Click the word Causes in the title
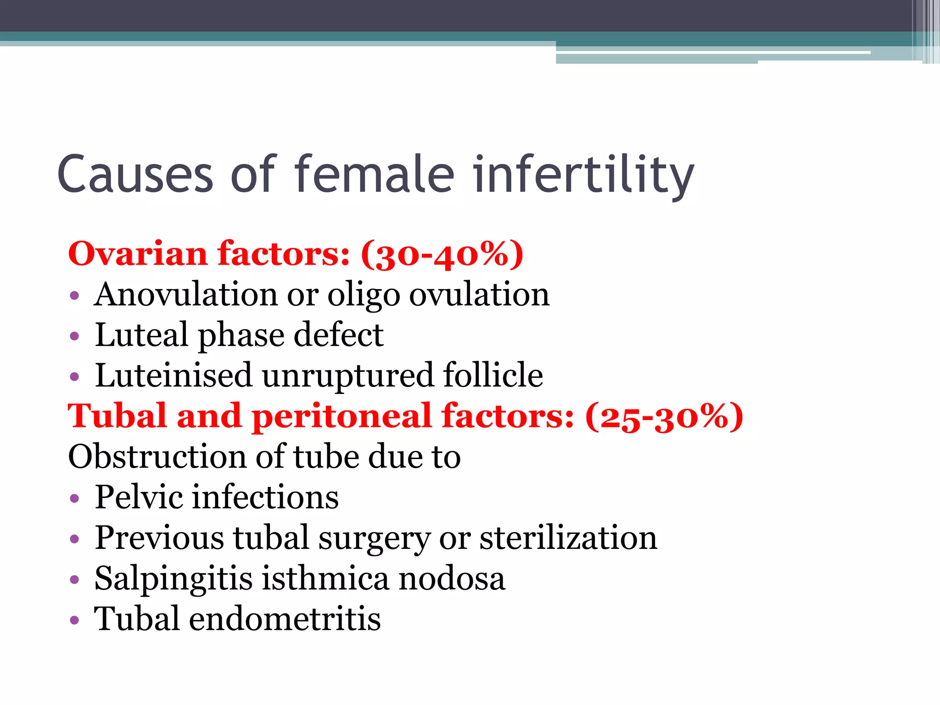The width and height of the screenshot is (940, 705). [x=135, y=174]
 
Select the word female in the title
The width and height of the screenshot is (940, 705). [x=374, y=174]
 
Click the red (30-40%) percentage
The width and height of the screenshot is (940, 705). [x=442, y=254]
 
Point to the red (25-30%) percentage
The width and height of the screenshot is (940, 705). [x=664, y=416]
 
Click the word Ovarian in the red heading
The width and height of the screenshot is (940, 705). [x=138, y=254]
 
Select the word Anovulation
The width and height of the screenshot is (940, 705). [x=186, y=294]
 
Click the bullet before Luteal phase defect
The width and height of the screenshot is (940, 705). [x=75, y=336]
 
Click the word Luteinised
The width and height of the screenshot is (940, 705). [x=173, y=375]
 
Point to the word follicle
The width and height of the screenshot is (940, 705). [x=493, y=375]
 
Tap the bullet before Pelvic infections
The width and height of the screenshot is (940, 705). [x=75, y=498]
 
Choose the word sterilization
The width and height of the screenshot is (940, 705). [x=568, y=537]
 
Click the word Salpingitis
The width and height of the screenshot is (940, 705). [x=173, y=579]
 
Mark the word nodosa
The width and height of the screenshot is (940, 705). [x=452, y=578]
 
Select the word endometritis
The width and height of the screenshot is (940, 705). [x=285, y=619]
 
